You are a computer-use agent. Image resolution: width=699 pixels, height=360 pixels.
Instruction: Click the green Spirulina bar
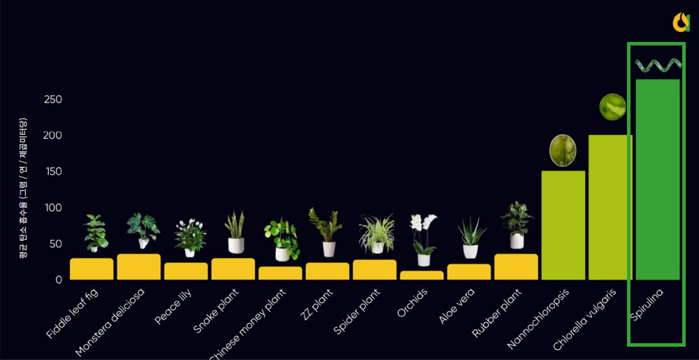(657, 180)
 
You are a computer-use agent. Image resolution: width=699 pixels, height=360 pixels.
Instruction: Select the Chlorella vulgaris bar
(610, 208)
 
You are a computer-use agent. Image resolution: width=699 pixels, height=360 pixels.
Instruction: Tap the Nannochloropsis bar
(563, 225)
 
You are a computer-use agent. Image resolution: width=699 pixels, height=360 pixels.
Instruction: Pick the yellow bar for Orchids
(421, 275)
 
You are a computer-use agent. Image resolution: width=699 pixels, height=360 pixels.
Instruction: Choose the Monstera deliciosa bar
(138, 267)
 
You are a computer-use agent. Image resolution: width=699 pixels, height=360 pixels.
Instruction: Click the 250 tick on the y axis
(53, 99)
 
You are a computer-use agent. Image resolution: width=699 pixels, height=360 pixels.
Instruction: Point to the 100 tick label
(53, 208)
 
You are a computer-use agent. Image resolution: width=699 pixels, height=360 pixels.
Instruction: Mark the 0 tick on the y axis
(59, 280)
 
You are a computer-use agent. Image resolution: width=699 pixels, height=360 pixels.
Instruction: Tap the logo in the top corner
(681, 22)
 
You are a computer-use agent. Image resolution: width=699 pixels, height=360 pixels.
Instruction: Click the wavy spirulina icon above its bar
(657, 66)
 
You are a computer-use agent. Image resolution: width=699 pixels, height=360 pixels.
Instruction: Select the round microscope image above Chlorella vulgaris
(613, 107)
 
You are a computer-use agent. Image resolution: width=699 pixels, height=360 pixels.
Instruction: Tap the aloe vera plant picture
(470, 238)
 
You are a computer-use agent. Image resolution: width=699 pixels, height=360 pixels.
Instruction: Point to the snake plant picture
(236, 232)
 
